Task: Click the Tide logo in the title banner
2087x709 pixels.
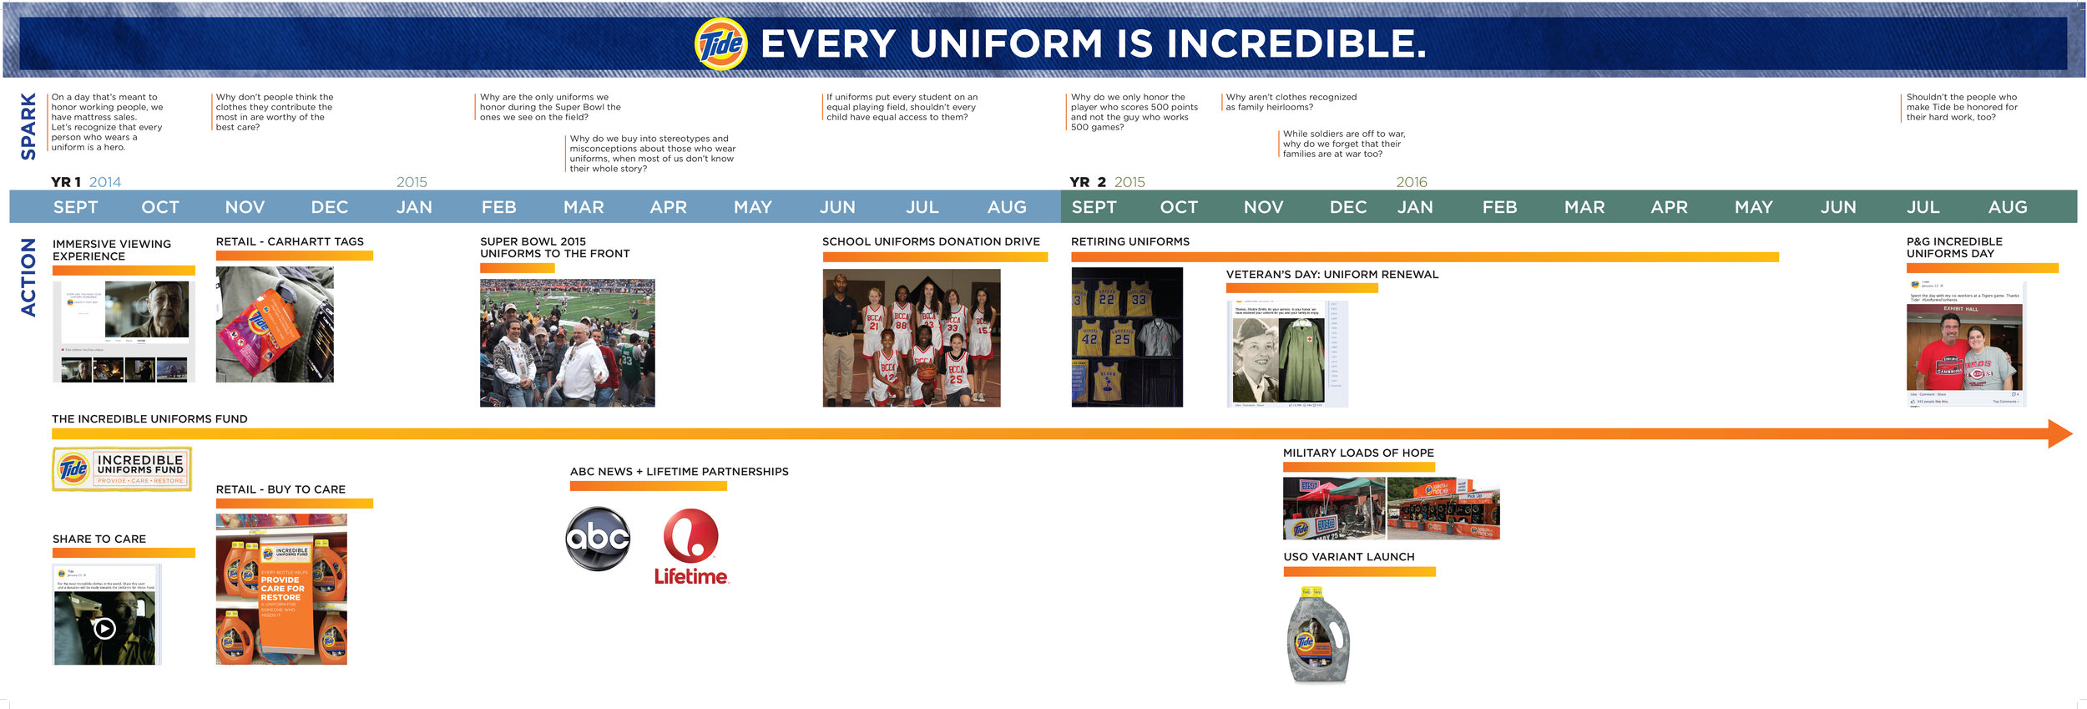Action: click(720, 43)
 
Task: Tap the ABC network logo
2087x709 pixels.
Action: click(598, 539)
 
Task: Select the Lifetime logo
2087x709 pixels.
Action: click(690, 547)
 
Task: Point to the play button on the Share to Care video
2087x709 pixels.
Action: click(104, 628)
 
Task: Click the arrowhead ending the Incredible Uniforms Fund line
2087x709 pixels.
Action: click(2059, 433)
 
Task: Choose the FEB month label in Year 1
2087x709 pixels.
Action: click(498, 207)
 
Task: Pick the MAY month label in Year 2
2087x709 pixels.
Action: click(1753, 207)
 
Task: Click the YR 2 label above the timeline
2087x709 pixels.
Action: click(1087, 182)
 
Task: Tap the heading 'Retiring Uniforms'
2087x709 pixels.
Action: click(1130, 241)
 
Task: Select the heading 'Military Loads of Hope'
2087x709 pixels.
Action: click(1358, 453)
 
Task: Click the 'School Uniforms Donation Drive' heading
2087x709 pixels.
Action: click(931, 241)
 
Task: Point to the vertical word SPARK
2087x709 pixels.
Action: click(28, 125)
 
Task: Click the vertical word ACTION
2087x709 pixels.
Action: click(28, 277)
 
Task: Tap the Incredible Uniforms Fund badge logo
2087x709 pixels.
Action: click(122, 468)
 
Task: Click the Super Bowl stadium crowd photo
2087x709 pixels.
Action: click(567, 342)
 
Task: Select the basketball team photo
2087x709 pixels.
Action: click(911, 337)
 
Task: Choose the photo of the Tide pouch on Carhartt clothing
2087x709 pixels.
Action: click(275, 324)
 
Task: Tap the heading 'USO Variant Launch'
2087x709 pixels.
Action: click(1348, 557)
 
